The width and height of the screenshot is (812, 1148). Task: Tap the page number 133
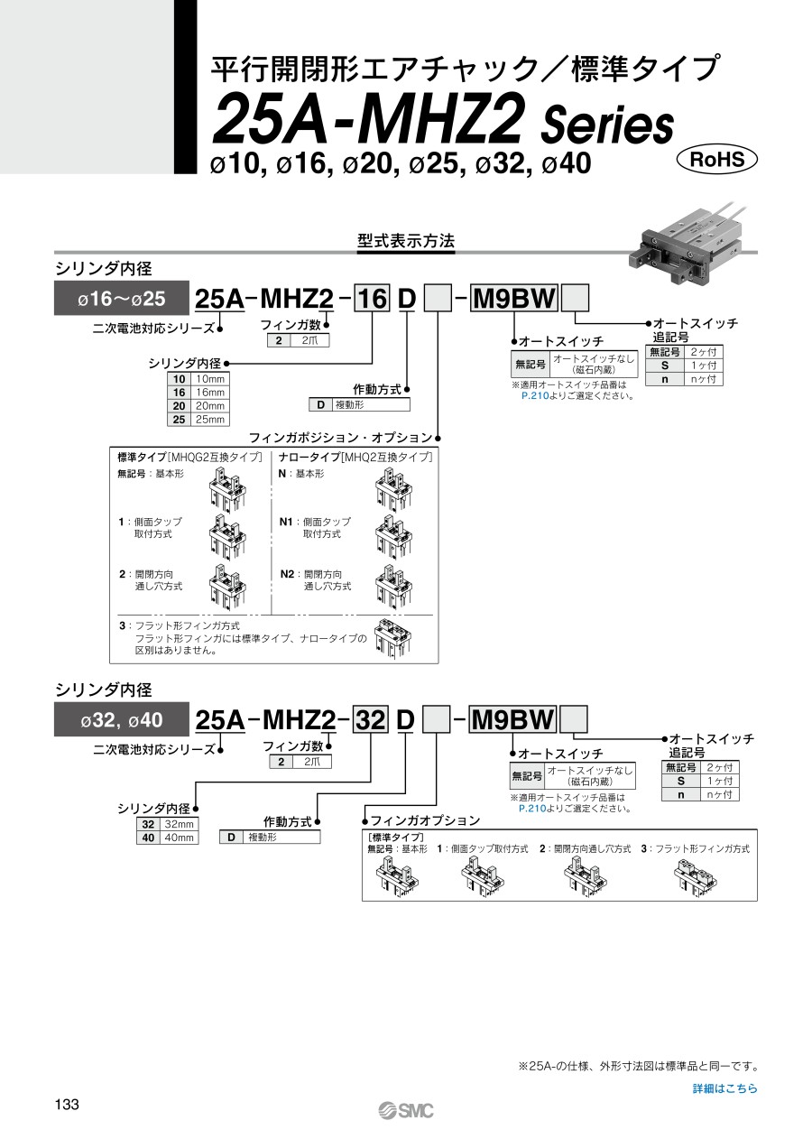pos(68,1105)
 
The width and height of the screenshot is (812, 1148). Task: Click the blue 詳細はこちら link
pos(724,1088)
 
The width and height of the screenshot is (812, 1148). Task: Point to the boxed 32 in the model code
pos(369,720)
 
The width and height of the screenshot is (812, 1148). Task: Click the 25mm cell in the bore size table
pos(209,419)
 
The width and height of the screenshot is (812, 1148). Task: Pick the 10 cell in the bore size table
pos(180,379)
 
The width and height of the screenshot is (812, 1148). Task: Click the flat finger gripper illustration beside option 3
pos(393,637)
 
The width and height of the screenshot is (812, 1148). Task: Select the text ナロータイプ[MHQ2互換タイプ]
pos(355,458)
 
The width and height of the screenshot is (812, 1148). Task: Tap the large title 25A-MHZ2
pos(370,123)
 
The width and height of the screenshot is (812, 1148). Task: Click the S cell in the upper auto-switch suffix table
pos(665,366)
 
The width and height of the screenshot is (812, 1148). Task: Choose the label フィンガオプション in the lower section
pos(425,820)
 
